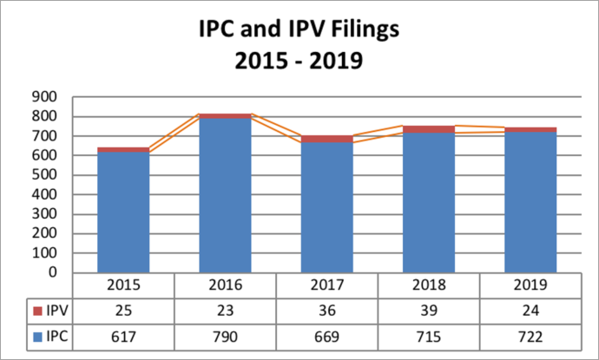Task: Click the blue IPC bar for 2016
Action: click(x=226, y=195)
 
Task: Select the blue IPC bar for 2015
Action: click(x=123, y=213)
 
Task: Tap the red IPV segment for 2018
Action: click(x=429, y=129)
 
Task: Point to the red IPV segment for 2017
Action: click(x=327, y=139)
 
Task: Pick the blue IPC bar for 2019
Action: click(x=530, y=202)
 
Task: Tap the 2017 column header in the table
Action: click(x=327, y=286)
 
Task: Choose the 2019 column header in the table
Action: click(x=530, y=286)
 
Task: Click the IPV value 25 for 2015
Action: click(x=123, y=311)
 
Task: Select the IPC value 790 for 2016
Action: click(x=226, y=335)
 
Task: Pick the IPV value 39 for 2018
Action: click(x=429, y=311)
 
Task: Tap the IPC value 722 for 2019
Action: click(x=530, y=335)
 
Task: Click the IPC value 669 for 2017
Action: click(x=327, y=335)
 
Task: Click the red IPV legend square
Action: click(x=36, y=311)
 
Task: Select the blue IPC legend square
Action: click(x=36, y=336)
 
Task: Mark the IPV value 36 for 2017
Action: click(x=327, y=311)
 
